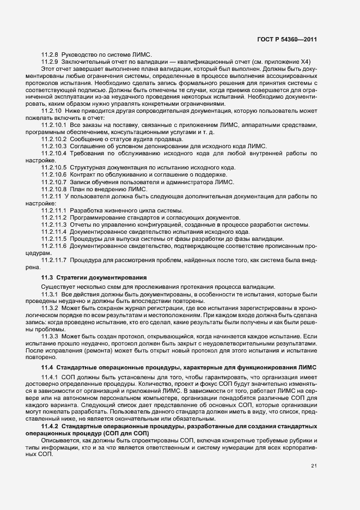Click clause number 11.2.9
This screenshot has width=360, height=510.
[x=50, y=63]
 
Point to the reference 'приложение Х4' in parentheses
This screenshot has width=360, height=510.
[x=298, y=63]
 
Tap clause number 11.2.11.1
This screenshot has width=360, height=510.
[x=53, y=210]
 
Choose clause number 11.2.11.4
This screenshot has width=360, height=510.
[x=53, y=232]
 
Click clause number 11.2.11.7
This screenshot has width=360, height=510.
[x=53, y=260]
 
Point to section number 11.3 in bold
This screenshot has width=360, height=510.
[x=47, y=277]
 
